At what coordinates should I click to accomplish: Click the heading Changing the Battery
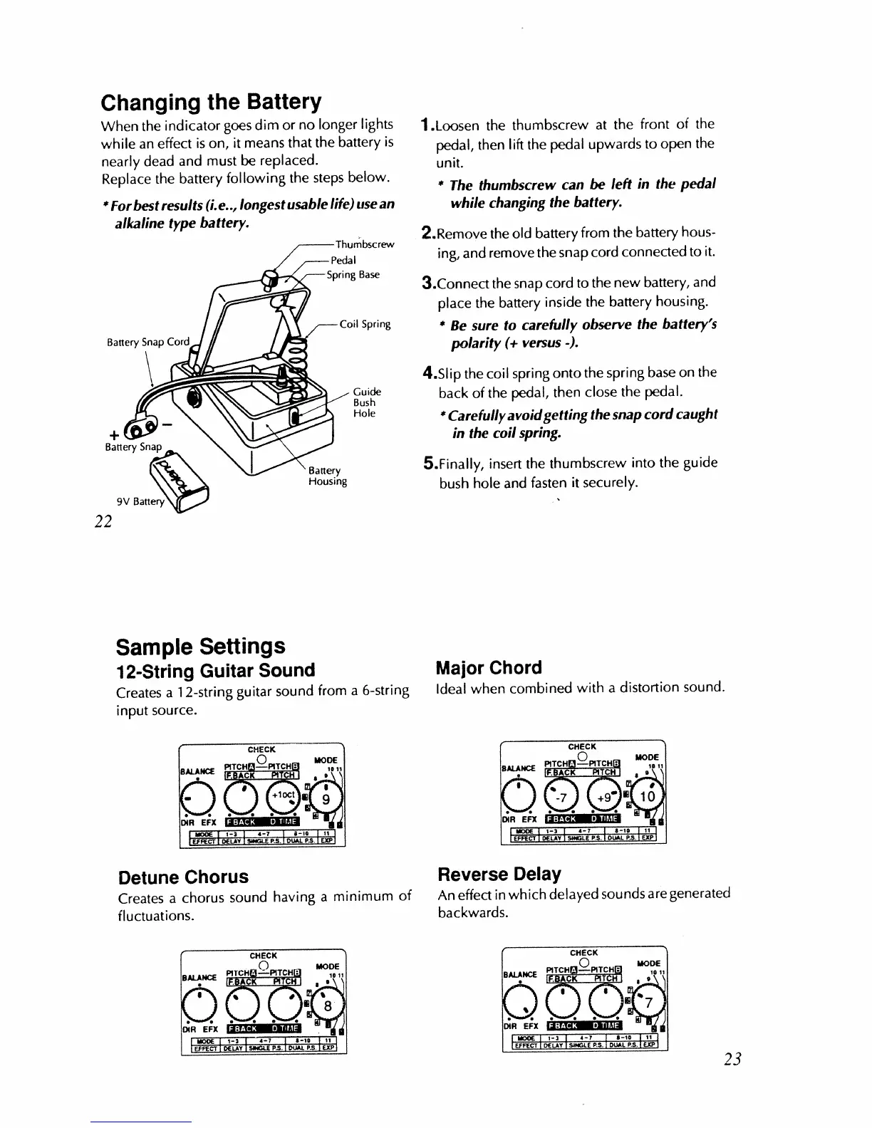(212, 102)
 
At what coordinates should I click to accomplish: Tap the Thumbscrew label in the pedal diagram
(365, 245)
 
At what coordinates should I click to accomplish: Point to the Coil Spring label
(365, 325)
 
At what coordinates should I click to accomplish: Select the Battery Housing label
(327, 476)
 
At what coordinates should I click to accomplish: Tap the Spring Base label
(353, 275)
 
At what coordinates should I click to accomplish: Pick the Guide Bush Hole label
(366, 402)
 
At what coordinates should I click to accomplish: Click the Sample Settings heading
(200, 647)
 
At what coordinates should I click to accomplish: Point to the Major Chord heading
(489, 668)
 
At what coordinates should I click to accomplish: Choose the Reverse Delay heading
(499, 874)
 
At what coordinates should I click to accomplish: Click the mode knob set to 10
(648, 795)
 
